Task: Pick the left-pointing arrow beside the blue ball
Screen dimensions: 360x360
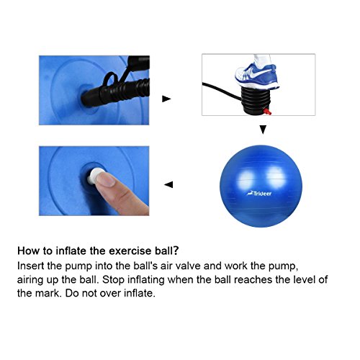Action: point(168,184)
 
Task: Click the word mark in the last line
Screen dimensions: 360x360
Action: point(42,294)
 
